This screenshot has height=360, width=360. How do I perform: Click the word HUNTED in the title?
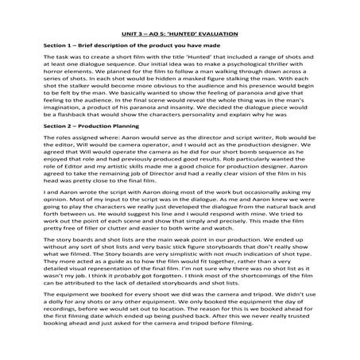187,35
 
